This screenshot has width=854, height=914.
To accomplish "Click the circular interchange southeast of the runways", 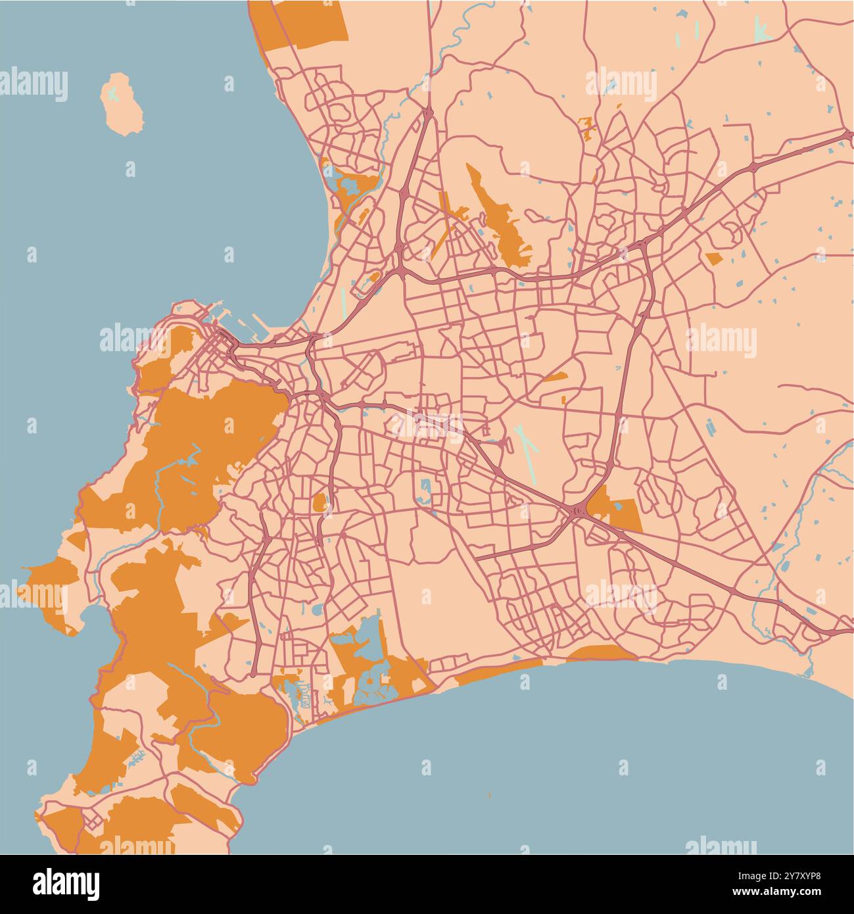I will click(578, 510).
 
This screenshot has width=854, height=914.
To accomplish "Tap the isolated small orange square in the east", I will click(714, 258).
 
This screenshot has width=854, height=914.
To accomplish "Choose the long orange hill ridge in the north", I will click(500, 217).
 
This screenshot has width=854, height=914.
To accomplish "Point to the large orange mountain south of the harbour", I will click(210, 427).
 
